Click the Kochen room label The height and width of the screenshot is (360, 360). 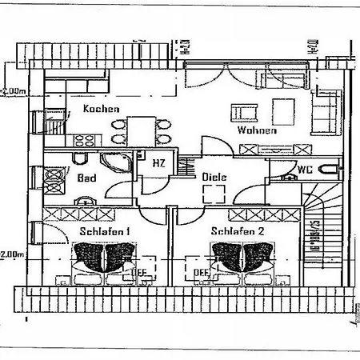pos(102,110)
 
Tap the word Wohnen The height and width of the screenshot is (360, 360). pos(257,130)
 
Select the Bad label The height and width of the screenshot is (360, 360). pos(86,178)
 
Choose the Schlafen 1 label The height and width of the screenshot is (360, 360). pos(106,231)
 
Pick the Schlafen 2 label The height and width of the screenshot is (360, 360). pos(238,231)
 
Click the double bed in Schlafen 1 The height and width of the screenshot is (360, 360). pos(104,261)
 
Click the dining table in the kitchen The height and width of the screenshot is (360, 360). pos(142,130)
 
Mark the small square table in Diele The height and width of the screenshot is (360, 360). pos(214,194)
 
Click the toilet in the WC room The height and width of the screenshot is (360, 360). pos(325,170)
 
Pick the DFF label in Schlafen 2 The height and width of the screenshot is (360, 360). pos(201,273)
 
